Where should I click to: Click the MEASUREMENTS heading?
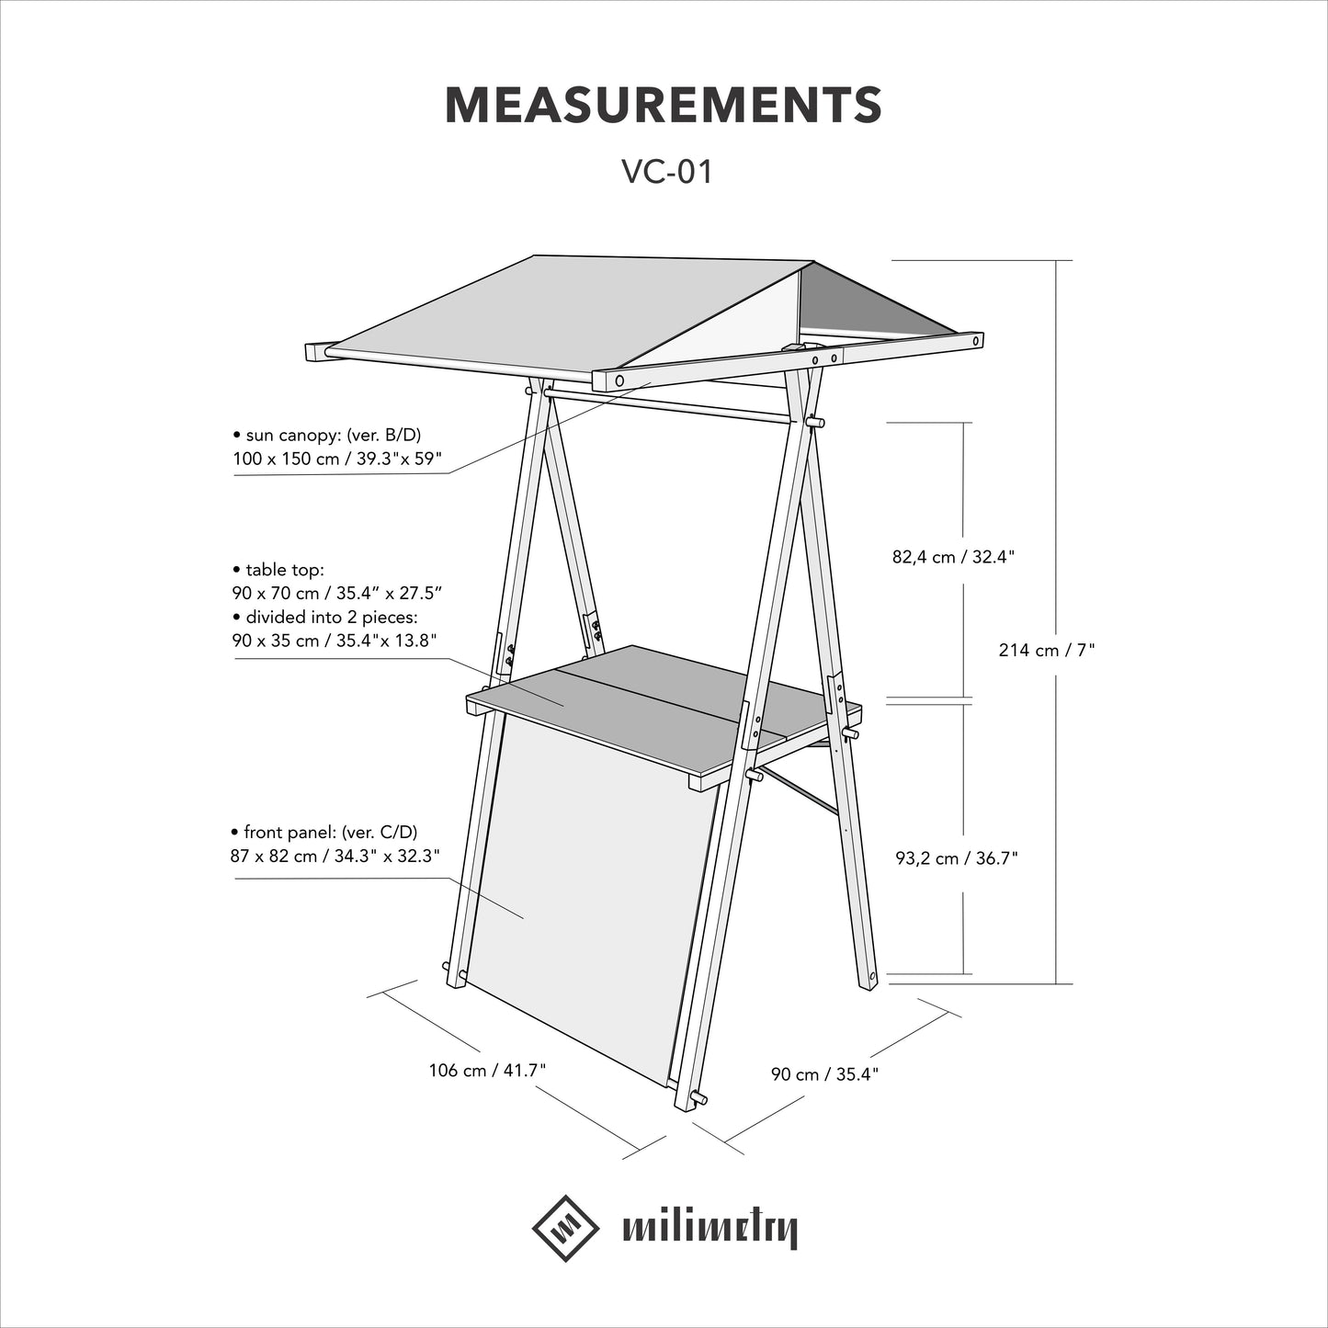coord(664,106)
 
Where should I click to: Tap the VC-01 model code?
coord(666,172)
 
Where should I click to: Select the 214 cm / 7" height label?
coord(1047,649)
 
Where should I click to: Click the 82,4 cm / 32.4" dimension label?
coord(954,557)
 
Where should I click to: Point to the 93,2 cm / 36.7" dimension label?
coord(957,858)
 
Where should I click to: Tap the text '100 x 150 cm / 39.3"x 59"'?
coord(337,459)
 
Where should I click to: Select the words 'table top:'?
coord(285,570)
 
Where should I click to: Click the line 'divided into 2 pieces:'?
coord(332,616)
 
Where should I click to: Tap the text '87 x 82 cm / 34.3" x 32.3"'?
coord(335,856)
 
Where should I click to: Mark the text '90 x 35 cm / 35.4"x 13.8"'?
coord(335,641)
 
